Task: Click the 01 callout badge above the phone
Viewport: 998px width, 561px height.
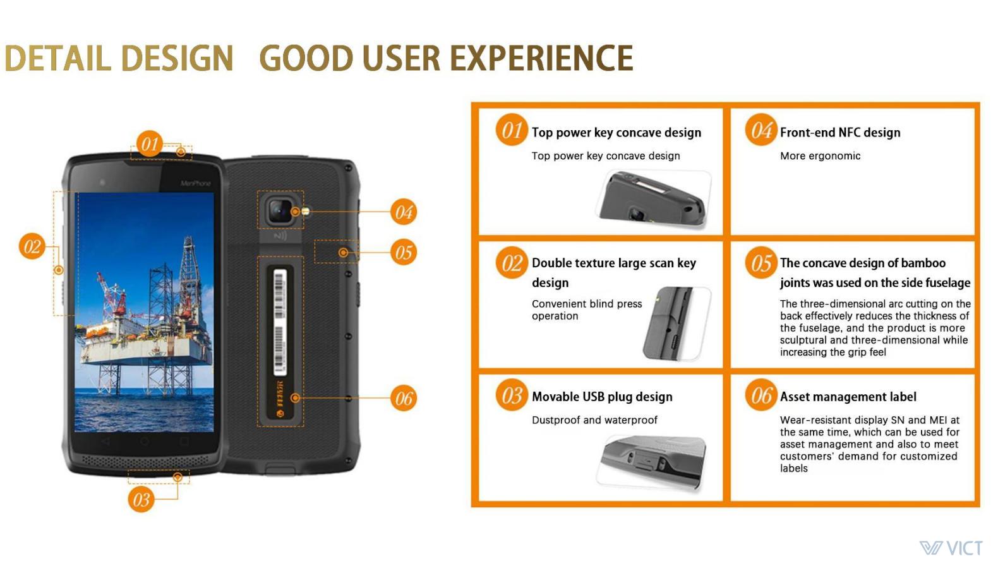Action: pyautogui.click(x=149, y=143)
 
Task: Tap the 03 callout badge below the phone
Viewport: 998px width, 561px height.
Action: pyautogui.click(x=141, y=499)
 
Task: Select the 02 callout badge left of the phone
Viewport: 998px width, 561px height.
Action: pyautogui.click(x=32, y=246)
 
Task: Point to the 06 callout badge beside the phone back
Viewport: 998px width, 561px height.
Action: pyautogui.click(x=404, y=398)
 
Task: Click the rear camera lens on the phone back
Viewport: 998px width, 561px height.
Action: pyautogui.click(x=279, y=211)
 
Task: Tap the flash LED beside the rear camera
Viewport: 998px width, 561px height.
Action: pyautogui.click(x=306, y=211)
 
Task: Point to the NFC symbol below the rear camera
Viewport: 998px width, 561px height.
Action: pyautogui.click(x=280, y=236)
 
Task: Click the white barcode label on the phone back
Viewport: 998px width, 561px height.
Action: pyautogui.click(x=280, y=321)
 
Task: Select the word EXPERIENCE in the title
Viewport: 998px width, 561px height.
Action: pyautogui.click(x=541, y=58)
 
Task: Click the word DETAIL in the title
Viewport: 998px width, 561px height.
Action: pyautogui.click(x=58, y=58)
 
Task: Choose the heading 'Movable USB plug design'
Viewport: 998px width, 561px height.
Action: pyautogui.click(x=602, y=397)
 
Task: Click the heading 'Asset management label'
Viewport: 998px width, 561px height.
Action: pyautogui.click(x=848, y=397)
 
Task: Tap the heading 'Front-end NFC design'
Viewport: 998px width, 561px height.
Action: pyautogui.click(x=840, y=132)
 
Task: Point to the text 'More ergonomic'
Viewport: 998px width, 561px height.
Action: pyautogui.click(x=820, y=156)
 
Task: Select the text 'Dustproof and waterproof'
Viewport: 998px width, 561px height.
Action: pyautogui.click(x=594, y=420)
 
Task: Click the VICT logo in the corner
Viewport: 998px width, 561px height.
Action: pyautogui.click(x=951, y=547)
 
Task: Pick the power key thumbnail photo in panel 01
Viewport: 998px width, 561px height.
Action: pyautogui.click(x=653, y=200)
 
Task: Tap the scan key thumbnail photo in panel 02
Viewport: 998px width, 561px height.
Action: pyautogui.click(x=676, y=323)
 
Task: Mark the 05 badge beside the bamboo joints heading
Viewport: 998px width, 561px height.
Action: pyautogui.click(x=761, y=262)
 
